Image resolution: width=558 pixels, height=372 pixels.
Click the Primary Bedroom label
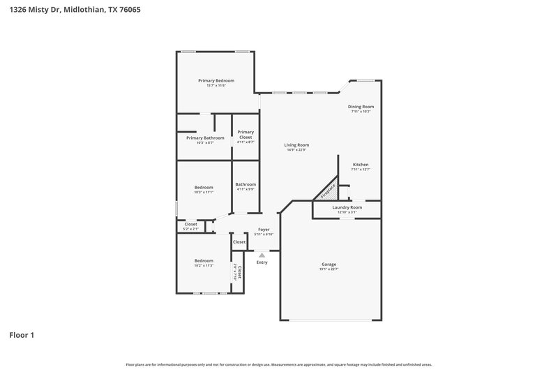click(x=216, y=81)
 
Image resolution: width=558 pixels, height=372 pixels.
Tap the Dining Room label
click(x=361, y=107)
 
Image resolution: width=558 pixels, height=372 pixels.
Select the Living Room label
click(x=297, y=145)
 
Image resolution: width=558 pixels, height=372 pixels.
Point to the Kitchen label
click(x=360, y=165)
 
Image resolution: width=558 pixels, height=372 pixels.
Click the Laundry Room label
click(x=347, y=207)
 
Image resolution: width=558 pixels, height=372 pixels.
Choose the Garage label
click(x=329, y=265)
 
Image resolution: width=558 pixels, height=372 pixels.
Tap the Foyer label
click(x=264, y=229)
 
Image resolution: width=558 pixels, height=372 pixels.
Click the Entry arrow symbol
click(x=262, y=255)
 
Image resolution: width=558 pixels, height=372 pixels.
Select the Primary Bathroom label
click(x=205, y=138)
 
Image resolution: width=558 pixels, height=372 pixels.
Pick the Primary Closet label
click(x=246, y=134)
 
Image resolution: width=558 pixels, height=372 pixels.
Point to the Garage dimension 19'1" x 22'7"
click(x=329, y=269)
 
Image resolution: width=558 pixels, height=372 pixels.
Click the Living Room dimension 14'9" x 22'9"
click(x=297, y=150)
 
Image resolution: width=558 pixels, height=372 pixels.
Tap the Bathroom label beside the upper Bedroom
click(x=246, y=184)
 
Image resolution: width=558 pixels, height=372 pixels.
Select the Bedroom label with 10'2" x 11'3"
click(x=204, y=260)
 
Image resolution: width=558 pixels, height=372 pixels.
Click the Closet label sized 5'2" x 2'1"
click(x=190, y=224)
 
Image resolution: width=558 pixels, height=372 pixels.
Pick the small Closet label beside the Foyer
click(x=239, y=241)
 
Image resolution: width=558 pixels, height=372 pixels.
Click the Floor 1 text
click(x=22, y=335)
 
